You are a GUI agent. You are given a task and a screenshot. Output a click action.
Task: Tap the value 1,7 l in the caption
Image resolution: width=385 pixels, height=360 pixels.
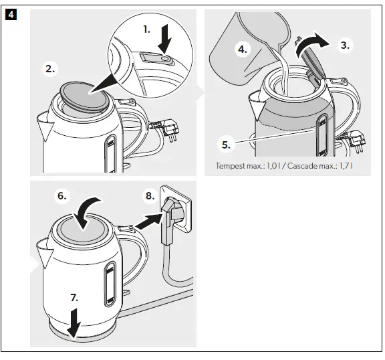[x=351, y=166]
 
